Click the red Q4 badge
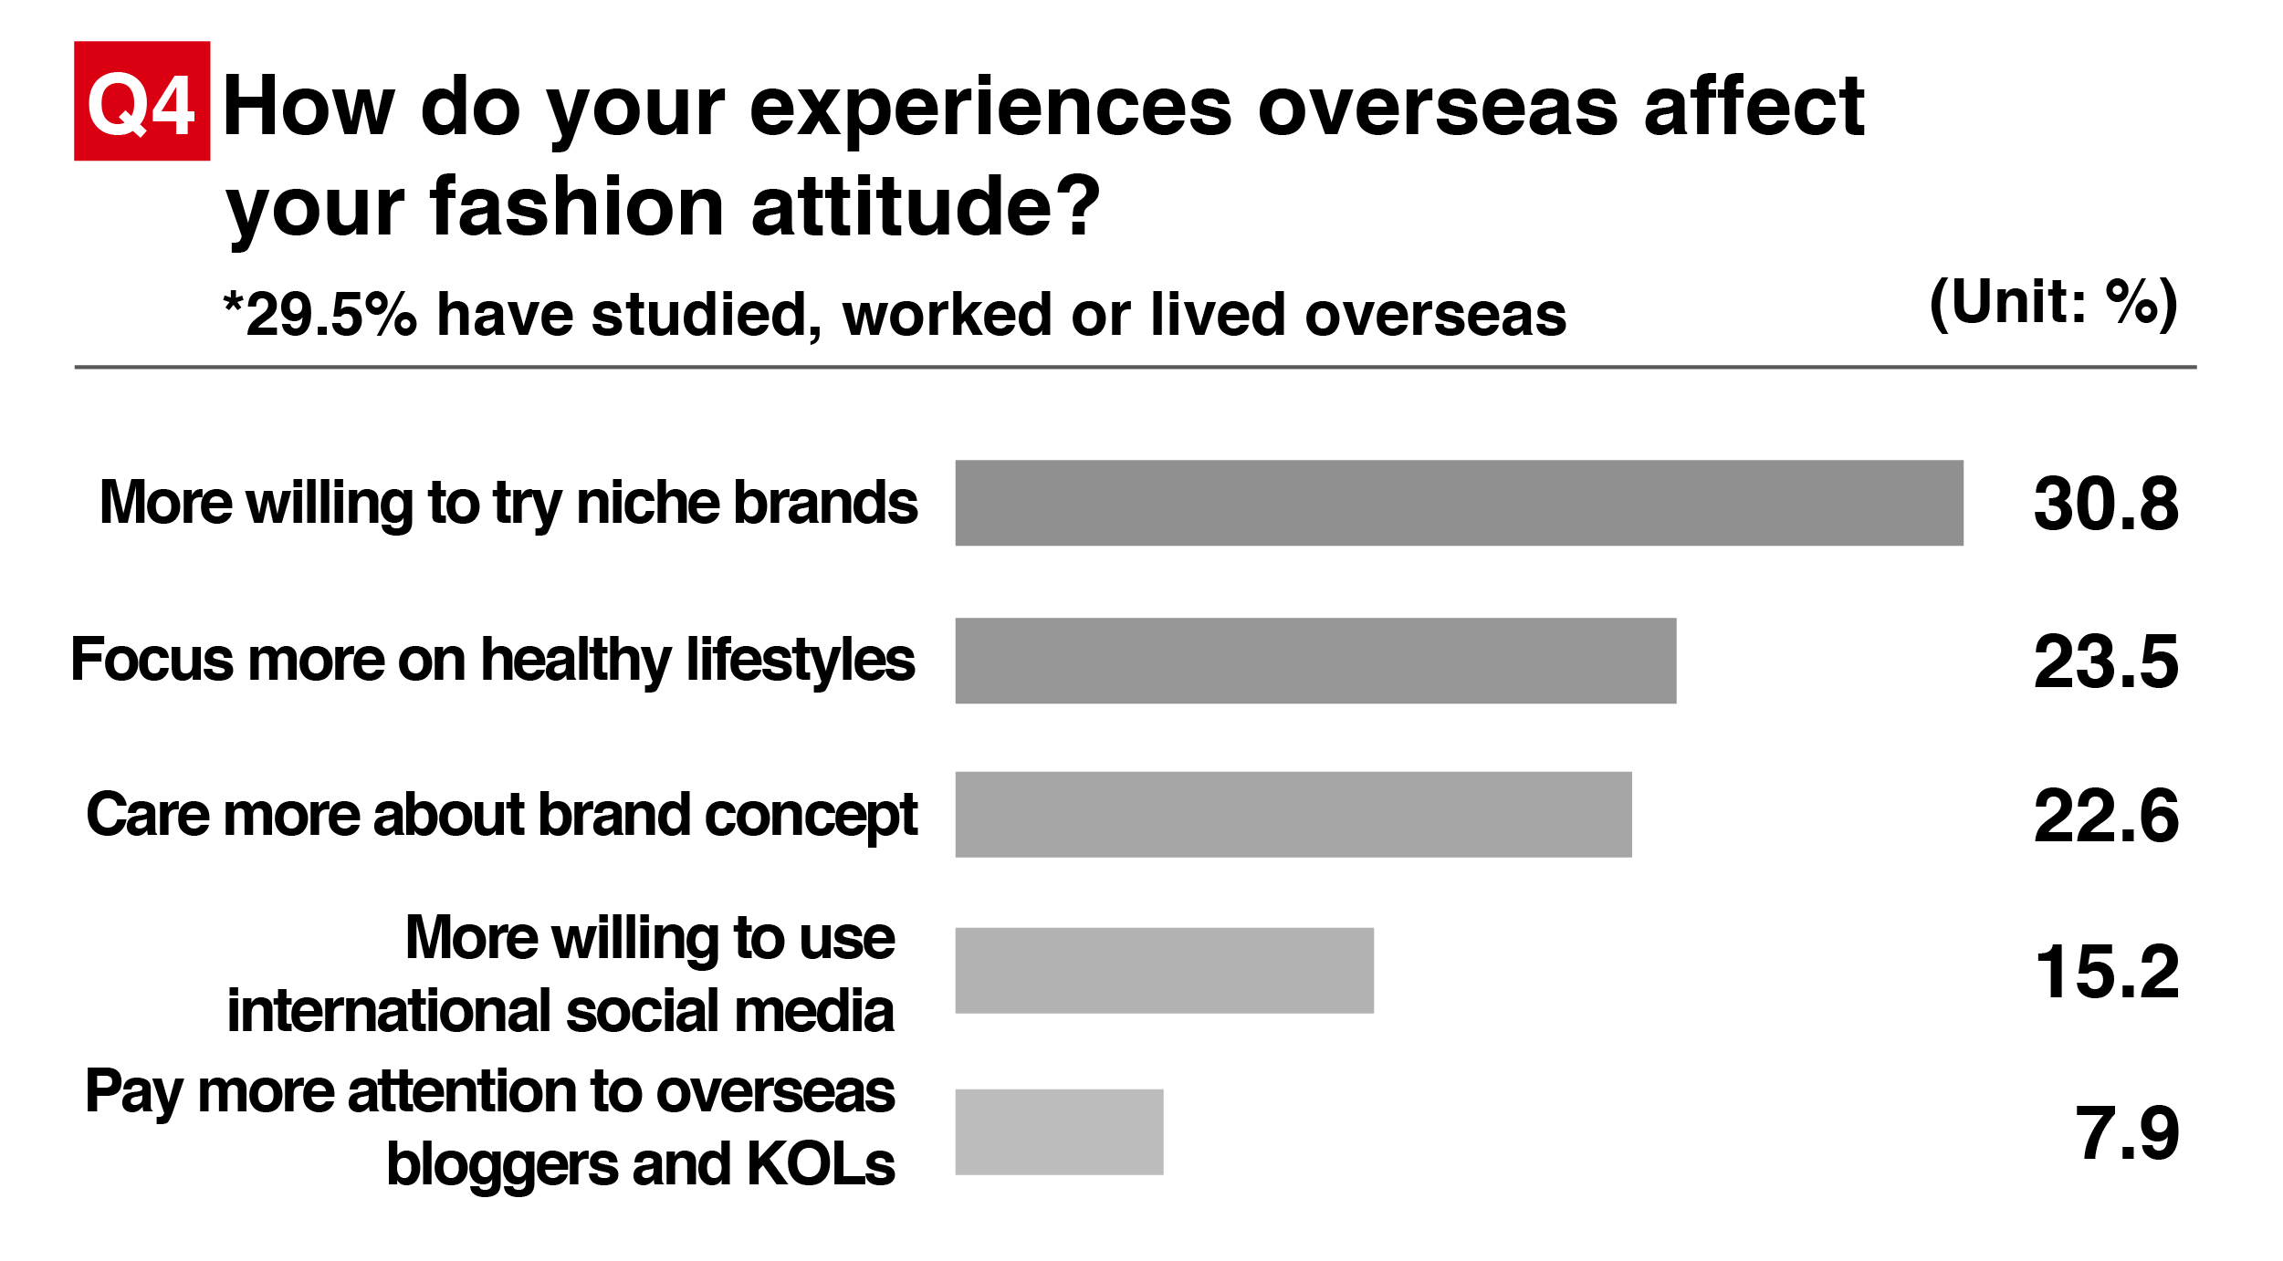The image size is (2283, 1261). click(x=142, y=101)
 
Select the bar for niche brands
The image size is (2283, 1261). click(x=1459, y=503)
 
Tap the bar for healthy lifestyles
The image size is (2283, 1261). click(x=1315, y=661)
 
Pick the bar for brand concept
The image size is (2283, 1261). click(x=1293, y=815)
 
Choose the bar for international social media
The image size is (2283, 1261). click(x=1164, y=971)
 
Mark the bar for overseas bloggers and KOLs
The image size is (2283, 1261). click(x=1059, y=1132)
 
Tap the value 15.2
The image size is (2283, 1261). click(x=2108, y=972)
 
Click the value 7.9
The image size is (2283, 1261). click(x=2128, y=1133)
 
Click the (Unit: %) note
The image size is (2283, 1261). click(x=2054, y=303)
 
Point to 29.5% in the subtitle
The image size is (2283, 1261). click(x=331, y=315)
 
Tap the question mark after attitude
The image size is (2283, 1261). click(x=1079, y=204)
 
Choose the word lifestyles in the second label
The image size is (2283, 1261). click(x=800, y=661)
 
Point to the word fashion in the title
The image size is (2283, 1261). click(x=579, y=206)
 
